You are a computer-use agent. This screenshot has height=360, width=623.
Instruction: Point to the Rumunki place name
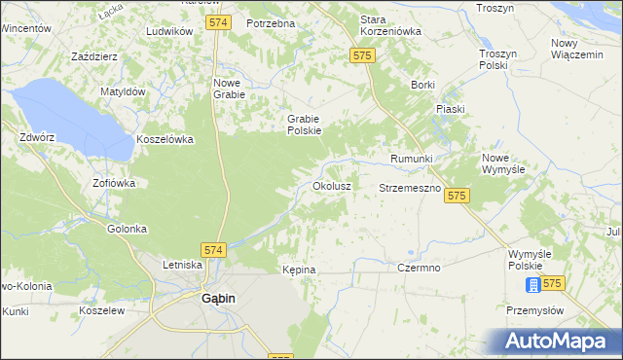pyautogui.click(x=411, y=159)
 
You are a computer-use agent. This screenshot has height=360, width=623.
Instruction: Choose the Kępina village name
pyautogui.click(x=299, y=269)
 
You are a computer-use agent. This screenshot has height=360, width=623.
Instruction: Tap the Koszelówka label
pyautogui.click(x=165, y=139)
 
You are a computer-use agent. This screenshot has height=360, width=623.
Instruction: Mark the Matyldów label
pyautogui.click(x=123, y=91)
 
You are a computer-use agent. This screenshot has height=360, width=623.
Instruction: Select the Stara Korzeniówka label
pyautogui.click(x=390, y=25)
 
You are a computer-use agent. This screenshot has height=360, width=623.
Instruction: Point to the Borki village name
pyautogui.click(x=422, y=85)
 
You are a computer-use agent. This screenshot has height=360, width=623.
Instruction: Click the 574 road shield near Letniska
pyautogui.click(x=214, y=250)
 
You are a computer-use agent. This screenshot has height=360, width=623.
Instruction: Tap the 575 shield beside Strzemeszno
pyautogui.click(x=458, y=197)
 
